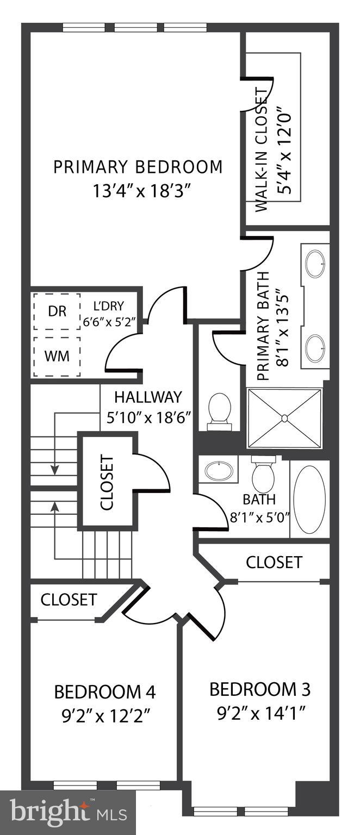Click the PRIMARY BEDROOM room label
pos(138,167)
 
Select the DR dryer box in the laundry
pos(57,311)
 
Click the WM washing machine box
pos(57,356)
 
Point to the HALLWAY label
pos(148,397)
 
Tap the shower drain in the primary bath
pos(284,418)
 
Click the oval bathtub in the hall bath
pos(309,498)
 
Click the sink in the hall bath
pos(219,470)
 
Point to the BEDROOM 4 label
pos(105,692)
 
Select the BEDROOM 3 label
pos(260,690)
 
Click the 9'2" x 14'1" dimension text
pos(260,711)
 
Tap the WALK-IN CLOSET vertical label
pos(262,149)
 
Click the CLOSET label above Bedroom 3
pos(274,562)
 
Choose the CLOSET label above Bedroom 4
pos(69,600)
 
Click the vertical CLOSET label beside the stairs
pos(107,483)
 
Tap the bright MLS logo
pos(68,812)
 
